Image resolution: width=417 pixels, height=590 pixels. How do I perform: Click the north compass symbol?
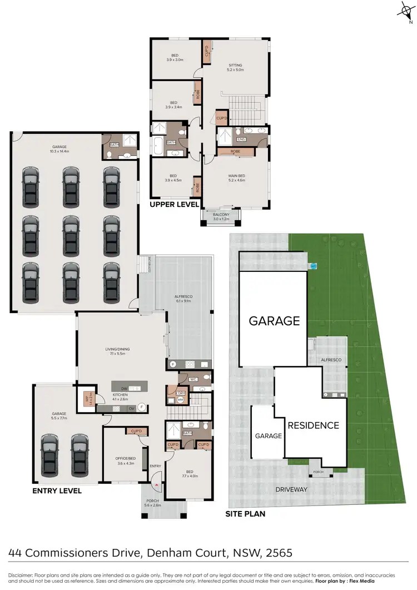pyautogui.click(x=404, y=11)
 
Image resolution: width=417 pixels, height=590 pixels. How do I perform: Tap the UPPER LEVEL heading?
pyautogui.click(x=174, y=205)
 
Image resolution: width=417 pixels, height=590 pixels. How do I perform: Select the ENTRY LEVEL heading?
pyautogui.click(x=57, y=491)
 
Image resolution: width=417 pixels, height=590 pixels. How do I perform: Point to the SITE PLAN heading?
pyautogui.click(x=245, y=514)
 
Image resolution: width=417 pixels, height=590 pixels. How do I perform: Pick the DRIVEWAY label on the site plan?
pyautogui.click(x=291, y=489)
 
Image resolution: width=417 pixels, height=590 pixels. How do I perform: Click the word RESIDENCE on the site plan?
pyautogui.click(x=313, y=425)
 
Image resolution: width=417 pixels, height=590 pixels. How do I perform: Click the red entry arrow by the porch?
pyautogui.click(x=157, y=485)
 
